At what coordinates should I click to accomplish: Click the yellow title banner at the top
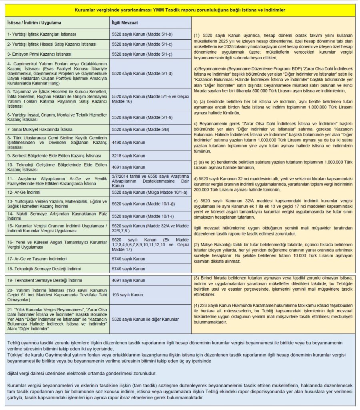tap(180, 9)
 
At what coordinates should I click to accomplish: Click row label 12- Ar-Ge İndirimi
tap(26, 193)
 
